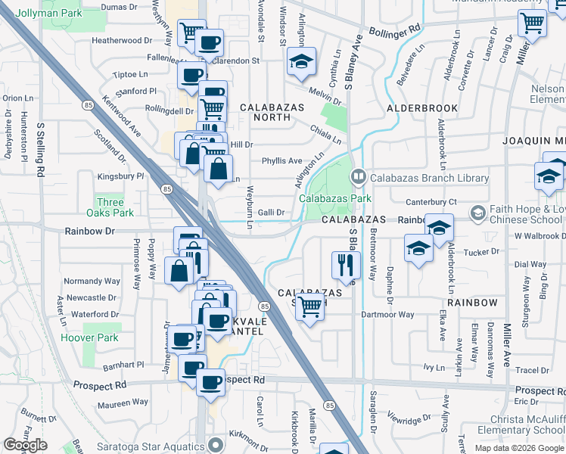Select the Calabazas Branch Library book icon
pos(358,177)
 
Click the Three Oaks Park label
pos(110,207)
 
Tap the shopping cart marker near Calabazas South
pos(309,306)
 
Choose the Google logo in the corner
pos(25,444)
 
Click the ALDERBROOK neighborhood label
pos(422,108)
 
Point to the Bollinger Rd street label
pos(395,31)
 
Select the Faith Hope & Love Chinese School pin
pos(477,213)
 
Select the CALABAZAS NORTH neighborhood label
pos(265,112)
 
